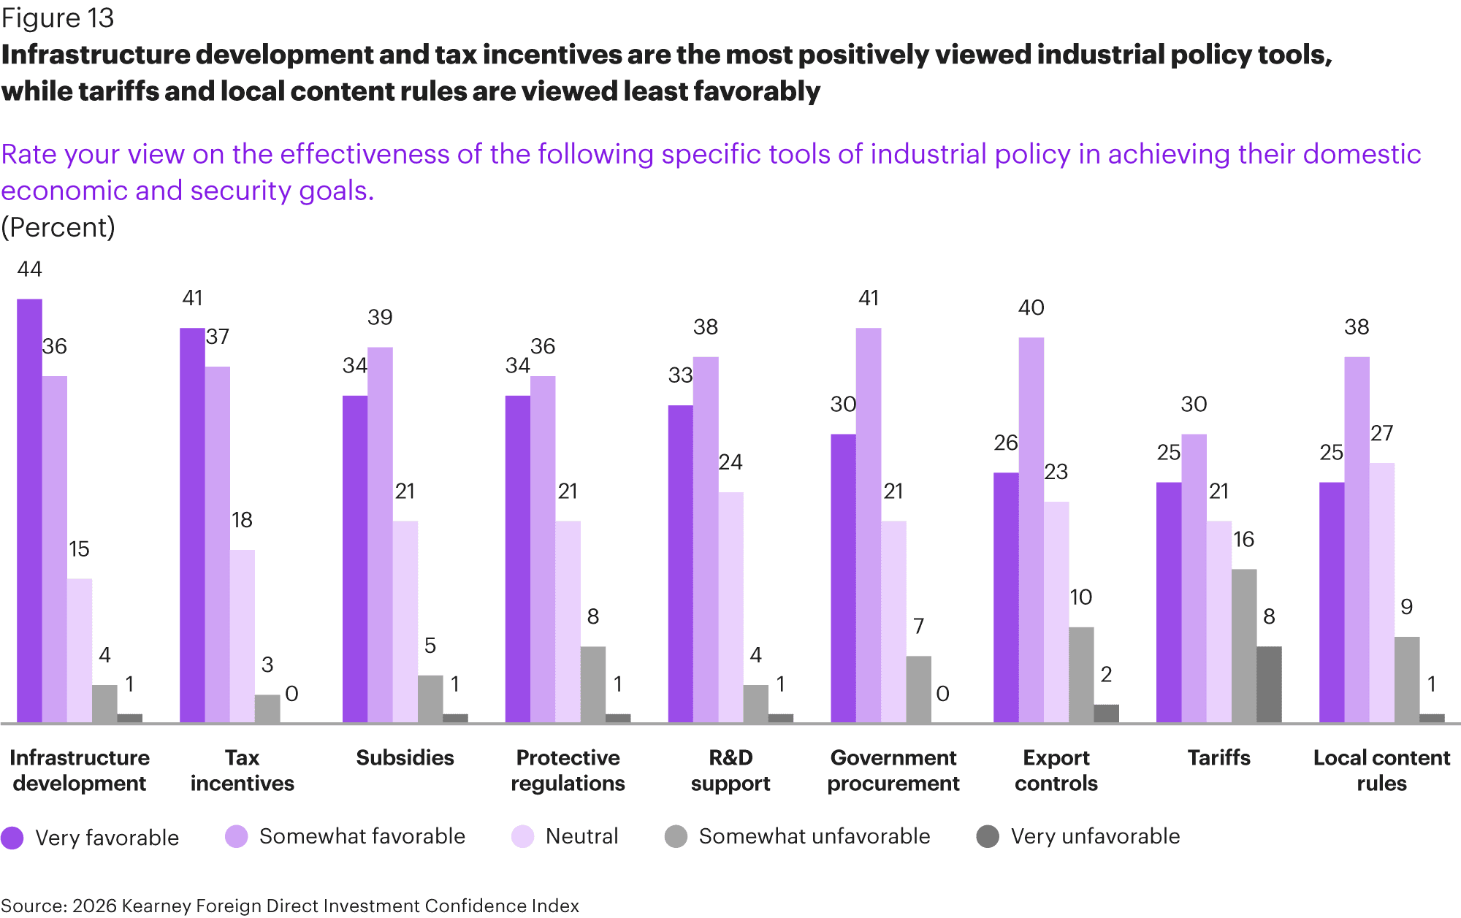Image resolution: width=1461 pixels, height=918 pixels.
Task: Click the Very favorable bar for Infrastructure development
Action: point(29,510)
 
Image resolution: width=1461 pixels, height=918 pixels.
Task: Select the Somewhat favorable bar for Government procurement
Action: point(869,525)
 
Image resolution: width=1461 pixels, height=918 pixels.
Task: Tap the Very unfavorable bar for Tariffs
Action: point(1269,684)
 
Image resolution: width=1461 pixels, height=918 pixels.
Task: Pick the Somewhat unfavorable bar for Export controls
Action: point(1081,675)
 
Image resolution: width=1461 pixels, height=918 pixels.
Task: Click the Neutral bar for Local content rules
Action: point(1381,593)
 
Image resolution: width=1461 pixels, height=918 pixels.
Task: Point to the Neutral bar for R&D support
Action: point(730,608)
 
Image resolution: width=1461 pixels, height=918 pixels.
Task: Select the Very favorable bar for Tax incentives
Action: point(192,525)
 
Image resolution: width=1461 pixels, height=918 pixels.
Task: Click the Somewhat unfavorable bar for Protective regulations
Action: point(593,684)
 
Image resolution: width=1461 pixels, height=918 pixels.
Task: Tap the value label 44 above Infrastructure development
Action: point(29,269)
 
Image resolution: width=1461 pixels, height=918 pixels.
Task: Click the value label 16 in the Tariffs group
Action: point(1243,540)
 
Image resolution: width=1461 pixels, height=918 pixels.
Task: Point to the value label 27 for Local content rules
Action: point(1381,434)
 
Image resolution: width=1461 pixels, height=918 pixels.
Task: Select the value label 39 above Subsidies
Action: point(380,318)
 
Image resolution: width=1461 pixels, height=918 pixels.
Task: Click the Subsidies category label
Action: point(405,758)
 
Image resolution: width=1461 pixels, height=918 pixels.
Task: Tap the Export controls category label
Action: point(1056,770)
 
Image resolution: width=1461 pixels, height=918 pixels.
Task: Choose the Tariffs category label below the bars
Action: point(1218,758)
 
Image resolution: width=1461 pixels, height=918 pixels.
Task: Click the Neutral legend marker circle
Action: point(523,837)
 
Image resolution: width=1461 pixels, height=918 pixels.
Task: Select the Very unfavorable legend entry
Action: point(1078,837)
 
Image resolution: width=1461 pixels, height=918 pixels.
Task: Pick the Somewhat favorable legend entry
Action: point(345,837)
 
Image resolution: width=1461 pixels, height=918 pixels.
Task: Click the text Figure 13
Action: point(58,18)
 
